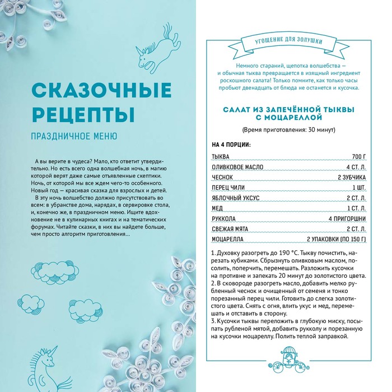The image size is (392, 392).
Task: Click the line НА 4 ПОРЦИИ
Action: coord(231,144)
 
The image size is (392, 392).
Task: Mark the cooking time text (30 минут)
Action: coord(290,130)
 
